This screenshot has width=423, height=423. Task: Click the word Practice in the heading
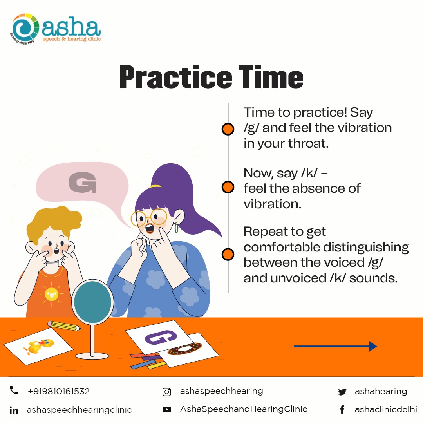175,77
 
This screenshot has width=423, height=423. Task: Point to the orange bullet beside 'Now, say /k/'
228,187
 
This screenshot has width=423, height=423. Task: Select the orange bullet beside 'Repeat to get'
228,255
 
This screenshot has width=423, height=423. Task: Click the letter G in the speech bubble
83,183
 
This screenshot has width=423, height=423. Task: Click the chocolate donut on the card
185,349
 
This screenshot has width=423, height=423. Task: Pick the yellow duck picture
39,346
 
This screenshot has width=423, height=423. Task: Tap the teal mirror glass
92,302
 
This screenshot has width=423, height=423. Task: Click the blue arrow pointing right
335,346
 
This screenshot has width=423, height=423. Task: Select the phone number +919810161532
58,391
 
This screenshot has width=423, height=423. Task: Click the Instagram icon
167,392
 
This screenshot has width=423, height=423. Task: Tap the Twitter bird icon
342,392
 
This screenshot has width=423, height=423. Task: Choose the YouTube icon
167,410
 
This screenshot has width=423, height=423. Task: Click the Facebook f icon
342,410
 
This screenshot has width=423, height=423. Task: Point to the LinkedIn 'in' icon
14,410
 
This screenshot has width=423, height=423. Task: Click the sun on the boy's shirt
52,294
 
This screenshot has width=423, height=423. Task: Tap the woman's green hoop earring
176,228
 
